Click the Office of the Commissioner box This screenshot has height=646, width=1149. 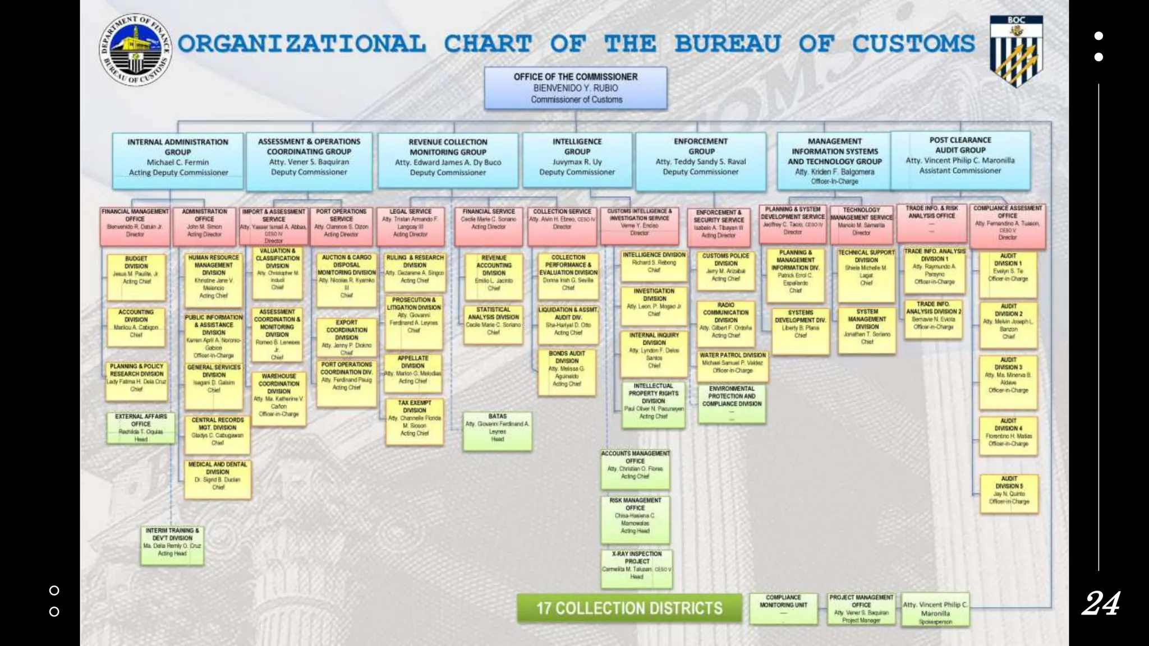(x=576, y=88)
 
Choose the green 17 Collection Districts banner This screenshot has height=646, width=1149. (x=629, y=608)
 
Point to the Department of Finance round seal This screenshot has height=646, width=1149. (x=135, y=50)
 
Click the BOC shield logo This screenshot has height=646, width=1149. (x=1016, y=50)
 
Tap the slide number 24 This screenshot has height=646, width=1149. (x=1101, y=603)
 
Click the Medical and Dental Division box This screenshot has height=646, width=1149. (x=218, y=479)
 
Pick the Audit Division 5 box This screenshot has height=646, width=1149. (x=1009, y=493)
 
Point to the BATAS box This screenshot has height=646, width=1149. (x=497, y=431)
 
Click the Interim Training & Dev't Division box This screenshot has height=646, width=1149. (x=172, y=545)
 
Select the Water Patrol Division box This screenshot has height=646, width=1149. (x=732, y=366)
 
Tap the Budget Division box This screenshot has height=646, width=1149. (x=136, y=276)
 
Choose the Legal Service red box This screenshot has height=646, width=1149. (x=411, y=226)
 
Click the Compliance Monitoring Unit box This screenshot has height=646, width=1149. (x=783, y=608)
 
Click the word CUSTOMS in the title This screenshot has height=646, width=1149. (x=913, y=44)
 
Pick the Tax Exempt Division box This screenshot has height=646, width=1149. (x=415, y=421)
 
